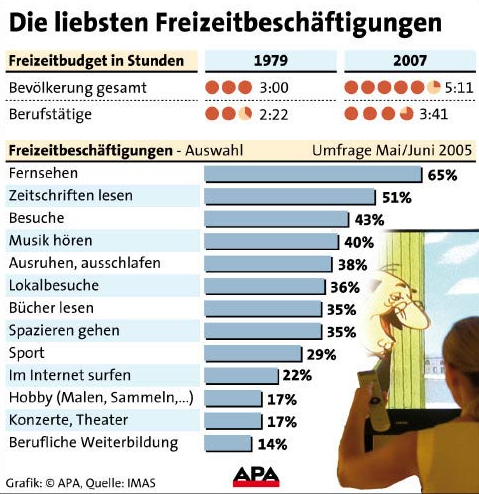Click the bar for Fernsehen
click(x=313, y=174)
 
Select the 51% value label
click(x=397, y=198)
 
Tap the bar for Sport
click(x=253, y=353)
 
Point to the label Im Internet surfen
click(x=70, y=375)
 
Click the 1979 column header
click(x=271, y=60)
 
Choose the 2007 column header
click(x=410, y=60)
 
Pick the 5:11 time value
click(x=459, y=88)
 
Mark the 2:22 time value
click(x=274, y=115)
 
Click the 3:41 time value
click(x=433, y=114)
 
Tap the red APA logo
click(x=256, y=477)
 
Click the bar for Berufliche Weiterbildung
click(x=228, y=444)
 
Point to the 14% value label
click(x=272, y=444)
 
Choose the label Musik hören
click(x=51, y=241)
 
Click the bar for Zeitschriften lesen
click(x=290, y=197)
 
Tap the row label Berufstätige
click(x=50, y=115)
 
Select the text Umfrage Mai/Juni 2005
click(x=392, y=150)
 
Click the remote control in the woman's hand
click(x=374, y=398)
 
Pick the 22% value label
click(x=297, y=376)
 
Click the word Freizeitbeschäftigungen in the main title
click(x=299, y=23)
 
